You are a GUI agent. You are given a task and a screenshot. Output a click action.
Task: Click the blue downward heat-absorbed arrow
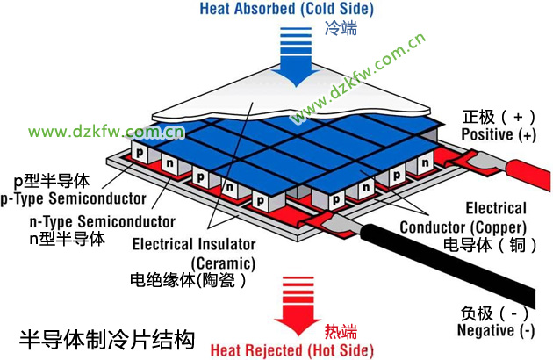click(x=297, y=56)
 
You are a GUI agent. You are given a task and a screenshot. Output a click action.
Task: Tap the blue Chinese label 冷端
click(x=341, y=28)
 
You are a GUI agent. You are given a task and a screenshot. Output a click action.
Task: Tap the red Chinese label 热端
click(x=341, y=331)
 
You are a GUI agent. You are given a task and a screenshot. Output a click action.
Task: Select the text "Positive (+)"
click(x=499, y=134)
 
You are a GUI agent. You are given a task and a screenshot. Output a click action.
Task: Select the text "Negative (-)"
click(x=496, y=330)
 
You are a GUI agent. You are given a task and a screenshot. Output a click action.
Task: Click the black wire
click(x=447, y=260)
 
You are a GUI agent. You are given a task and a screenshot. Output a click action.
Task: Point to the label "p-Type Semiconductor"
click(x=74, y=198)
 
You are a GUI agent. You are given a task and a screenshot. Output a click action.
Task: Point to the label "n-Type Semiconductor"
click(x=103, y=221)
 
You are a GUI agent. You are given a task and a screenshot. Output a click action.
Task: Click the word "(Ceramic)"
click(x=223, y=263)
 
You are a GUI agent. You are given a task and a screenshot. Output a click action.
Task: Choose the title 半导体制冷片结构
click(x=107, y=340)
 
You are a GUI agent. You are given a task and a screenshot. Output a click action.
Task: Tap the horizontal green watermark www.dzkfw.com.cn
click(x=106, y=132)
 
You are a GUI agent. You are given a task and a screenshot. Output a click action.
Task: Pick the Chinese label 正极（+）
click(x=499, y=117)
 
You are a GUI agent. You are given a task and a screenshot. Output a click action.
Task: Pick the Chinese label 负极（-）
click(x=494, y=313)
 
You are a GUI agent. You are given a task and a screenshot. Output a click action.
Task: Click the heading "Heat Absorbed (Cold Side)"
click(x=287, y=9)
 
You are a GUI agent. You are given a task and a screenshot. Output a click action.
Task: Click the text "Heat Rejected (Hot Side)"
click(x=292, y=350)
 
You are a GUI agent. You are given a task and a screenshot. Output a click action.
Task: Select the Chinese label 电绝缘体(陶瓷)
click(x=188, y=281)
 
